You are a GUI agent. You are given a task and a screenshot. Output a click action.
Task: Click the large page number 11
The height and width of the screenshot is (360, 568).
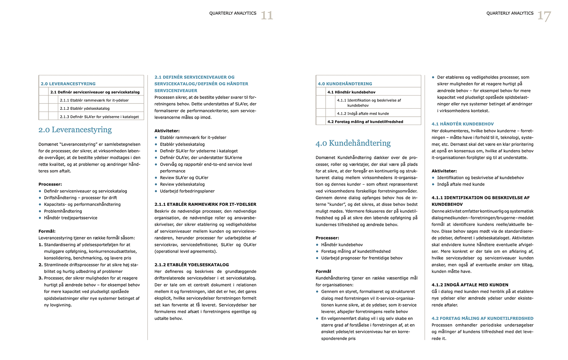(267, 16)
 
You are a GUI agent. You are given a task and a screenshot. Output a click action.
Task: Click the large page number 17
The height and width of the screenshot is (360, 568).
(544, 16)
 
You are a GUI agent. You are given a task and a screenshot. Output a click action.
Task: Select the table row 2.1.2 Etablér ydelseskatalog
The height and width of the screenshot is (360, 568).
(84, 108)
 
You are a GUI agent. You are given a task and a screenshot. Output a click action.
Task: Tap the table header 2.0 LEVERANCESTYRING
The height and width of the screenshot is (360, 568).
(68, 84)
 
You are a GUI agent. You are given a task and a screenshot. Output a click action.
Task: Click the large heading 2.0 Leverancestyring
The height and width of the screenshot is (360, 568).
(75, 130)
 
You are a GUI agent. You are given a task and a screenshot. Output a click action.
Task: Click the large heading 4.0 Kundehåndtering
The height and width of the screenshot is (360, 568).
(353, 143)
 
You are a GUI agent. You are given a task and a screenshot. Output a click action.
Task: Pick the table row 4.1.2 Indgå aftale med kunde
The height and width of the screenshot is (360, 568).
(363, 113)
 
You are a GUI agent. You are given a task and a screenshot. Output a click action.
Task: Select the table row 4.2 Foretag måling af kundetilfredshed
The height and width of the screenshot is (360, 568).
(365, 122)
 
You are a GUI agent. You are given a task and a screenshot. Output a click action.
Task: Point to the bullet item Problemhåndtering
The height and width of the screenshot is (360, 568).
(63, 211)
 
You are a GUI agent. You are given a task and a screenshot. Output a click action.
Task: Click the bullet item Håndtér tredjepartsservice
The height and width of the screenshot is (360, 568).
(70, 218)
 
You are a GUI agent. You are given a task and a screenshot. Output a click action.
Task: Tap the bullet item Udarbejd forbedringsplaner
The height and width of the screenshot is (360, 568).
(187, 191)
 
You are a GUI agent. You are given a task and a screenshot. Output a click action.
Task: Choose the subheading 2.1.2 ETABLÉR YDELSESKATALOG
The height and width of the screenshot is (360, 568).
(192, 265)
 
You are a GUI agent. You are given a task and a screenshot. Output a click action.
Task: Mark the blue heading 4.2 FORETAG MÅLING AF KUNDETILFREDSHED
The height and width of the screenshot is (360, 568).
(482, 318)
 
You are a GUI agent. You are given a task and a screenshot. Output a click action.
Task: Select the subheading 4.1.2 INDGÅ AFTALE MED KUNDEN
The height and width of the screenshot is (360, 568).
(470, 285)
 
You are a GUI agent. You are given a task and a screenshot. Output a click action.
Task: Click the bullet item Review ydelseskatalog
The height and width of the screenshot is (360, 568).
(182, 184)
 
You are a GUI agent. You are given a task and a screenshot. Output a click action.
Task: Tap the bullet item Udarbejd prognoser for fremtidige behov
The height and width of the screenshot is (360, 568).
(362, 258)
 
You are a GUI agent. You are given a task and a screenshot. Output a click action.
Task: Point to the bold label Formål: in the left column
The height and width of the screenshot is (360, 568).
(47, 231)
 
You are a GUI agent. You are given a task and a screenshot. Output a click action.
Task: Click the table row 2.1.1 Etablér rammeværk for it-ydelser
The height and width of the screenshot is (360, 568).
(94, 100)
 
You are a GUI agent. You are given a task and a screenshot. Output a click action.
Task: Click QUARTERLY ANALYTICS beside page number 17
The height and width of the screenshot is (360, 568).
(510, 13)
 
